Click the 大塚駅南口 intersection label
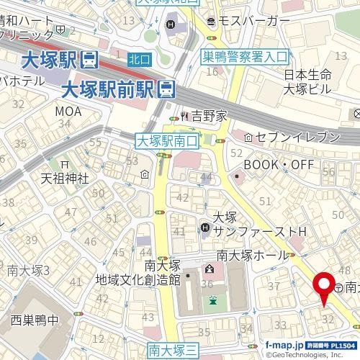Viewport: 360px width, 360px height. coord(166,140)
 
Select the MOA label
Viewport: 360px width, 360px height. coord(69,111)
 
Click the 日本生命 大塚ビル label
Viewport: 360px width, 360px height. coord(307,82)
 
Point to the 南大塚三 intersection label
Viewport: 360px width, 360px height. coord(173,350)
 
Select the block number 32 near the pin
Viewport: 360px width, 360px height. coord(328,318)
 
